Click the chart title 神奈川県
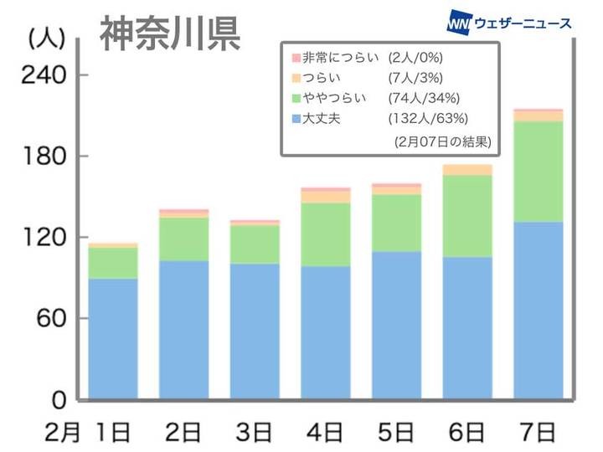tap(171, 33)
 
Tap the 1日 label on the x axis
tap(111, 433)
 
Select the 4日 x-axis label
tap(325, 433)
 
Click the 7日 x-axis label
tap(538, 433)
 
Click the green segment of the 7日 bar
tap(538, 172)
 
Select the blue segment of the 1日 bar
tap(112, 339)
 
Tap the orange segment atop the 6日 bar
tap(466, 170)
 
